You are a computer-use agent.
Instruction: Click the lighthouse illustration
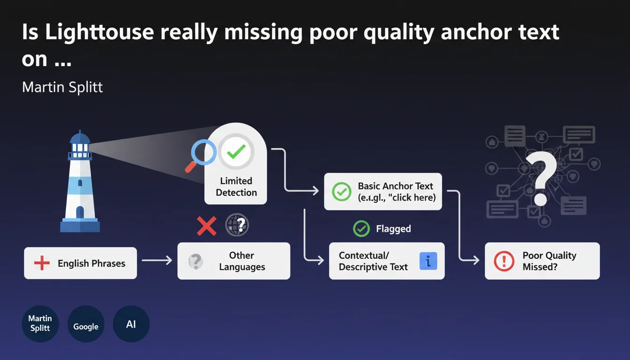point(80,183)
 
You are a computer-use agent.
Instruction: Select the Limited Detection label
point(236,187)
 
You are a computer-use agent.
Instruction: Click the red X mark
point(206,226)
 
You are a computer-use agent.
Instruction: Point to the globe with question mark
point(237,225)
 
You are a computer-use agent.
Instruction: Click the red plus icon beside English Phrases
point(42,263)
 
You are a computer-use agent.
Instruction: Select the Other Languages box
point(233,261)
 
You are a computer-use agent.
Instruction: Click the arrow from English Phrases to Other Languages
point(157,260)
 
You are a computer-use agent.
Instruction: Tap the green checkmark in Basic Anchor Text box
point(341,191)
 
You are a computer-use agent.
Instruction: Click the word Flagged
point(393,229)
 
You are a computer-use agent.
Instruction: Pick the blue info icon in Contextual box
point(428,261)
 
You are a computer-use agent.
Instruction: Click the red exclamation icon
point(504,261)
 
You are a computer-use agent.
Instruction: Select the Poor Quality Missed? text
point(549,261)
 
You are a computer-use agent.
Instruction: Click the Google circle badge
point(86,324)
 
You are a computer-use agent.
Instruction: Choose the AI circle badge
point(131,324)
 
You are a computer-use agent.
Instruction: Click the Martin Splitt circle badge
point(40,324)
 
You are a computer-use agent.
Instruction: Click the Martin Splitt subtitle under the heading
point(62,87)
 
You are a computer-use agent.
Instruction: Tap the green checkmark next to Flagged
point(361,229)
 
